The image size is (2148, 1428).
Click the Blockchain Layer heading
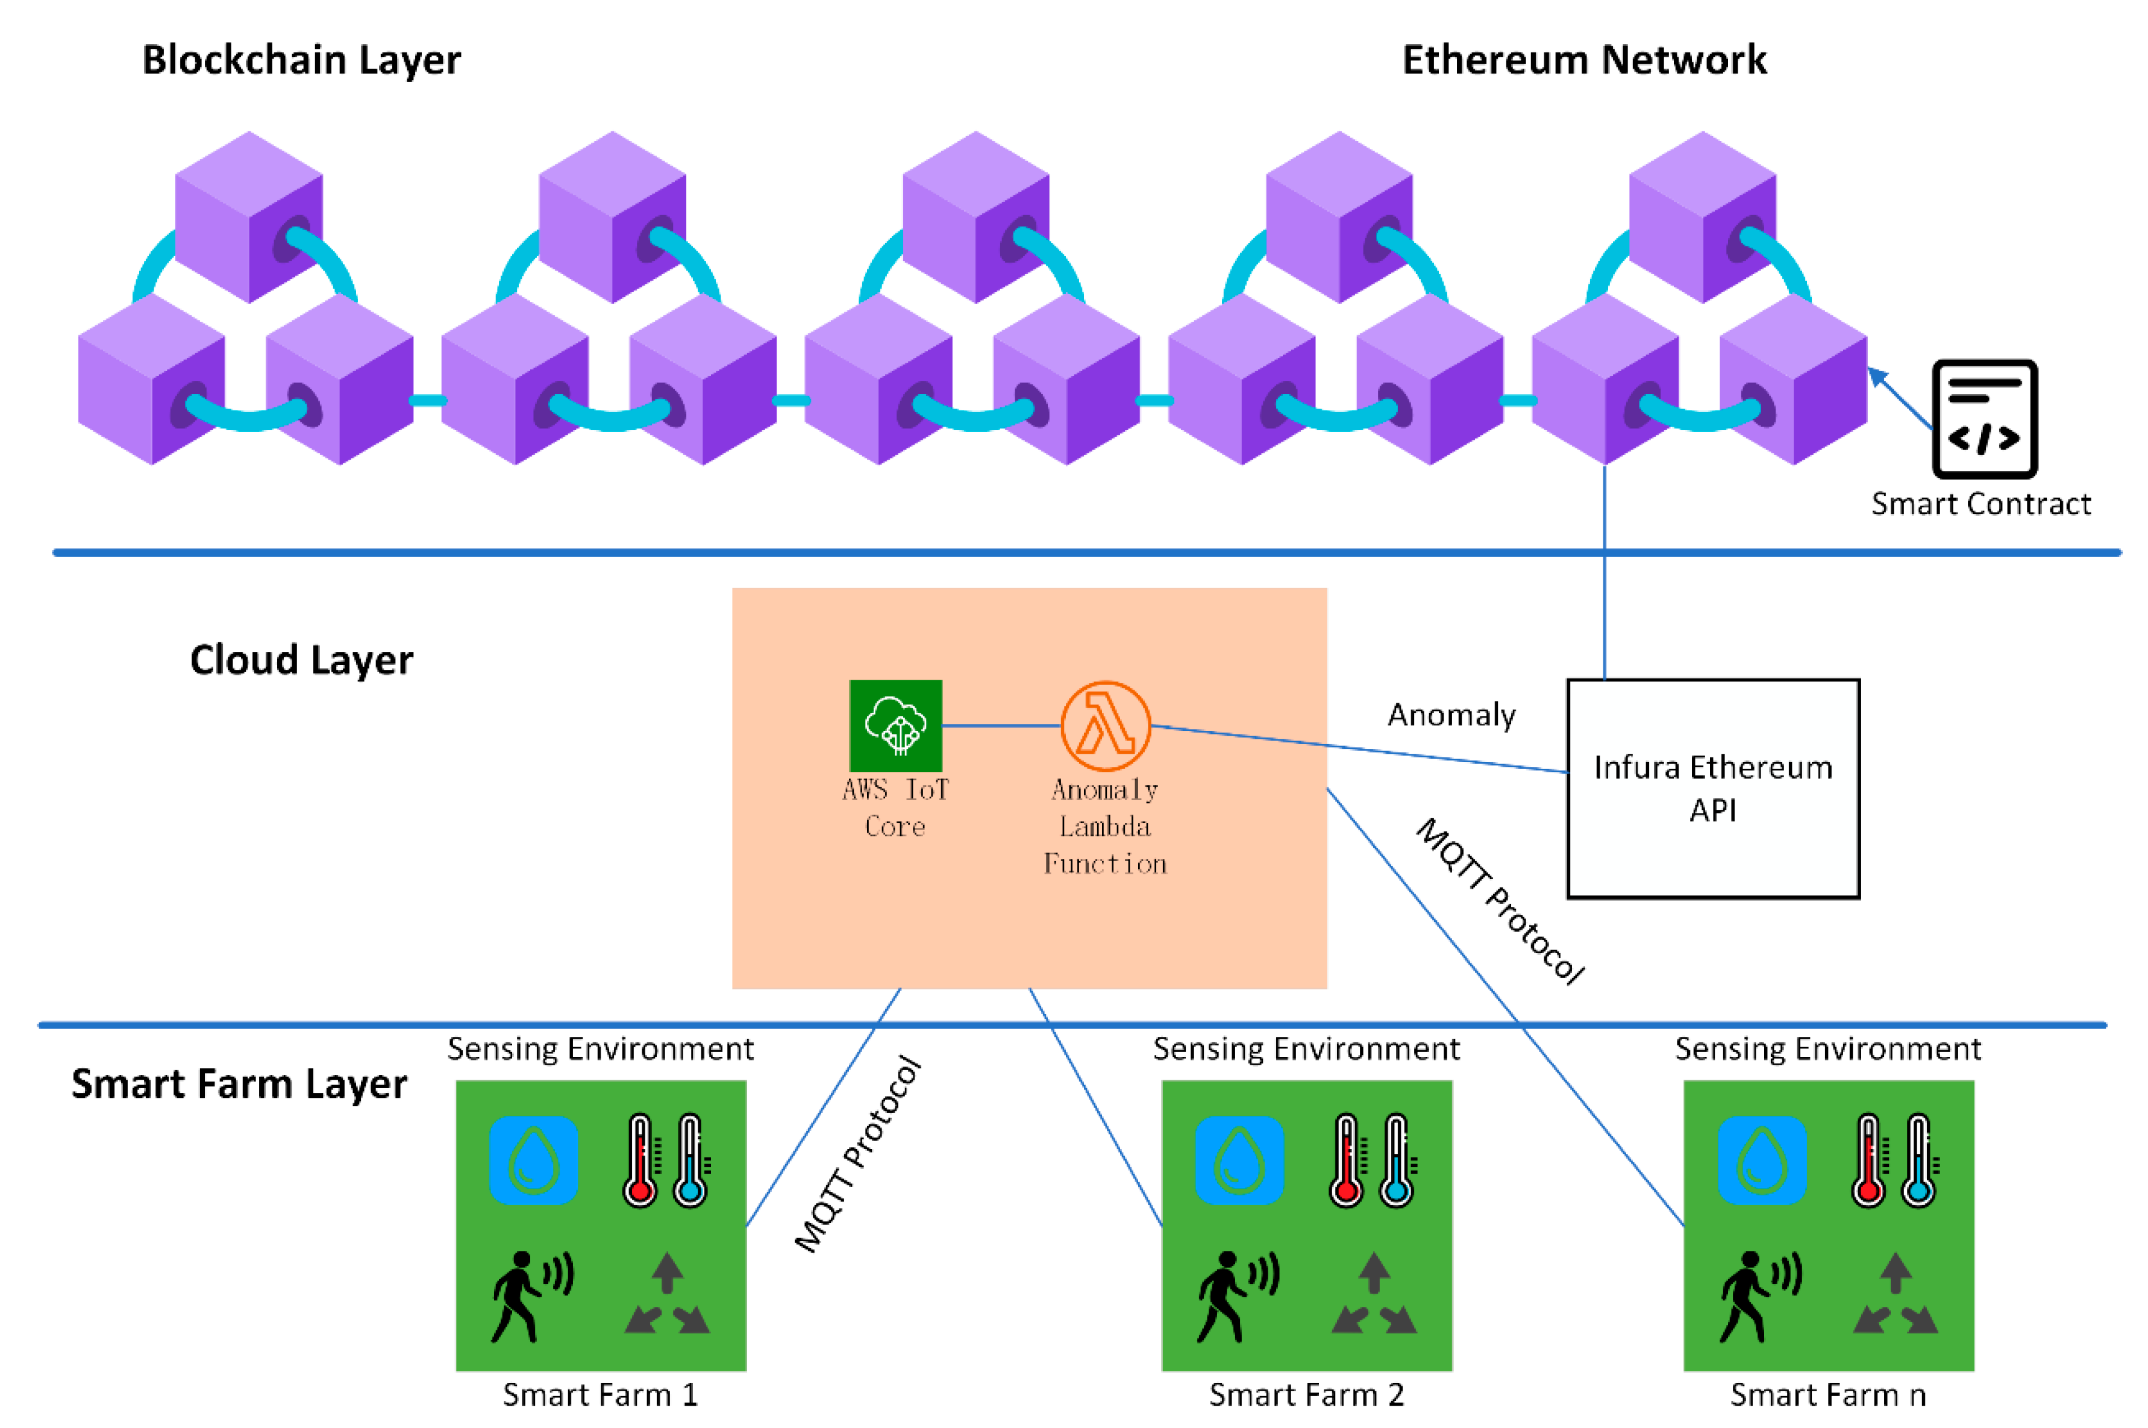click(x=301, y=60)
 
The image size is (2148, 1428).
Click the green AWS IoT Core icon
click(x=895, y=725)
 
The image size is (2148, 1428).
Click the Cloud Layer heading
click(x=301, y=659)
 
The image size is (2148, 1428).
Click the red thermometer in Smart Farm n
click(x=1868, y=1160)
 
